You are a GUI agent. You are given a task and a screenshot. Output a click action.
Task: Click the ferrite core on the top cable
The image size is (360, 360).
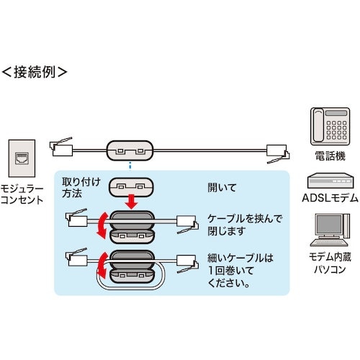pos(130,150)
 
